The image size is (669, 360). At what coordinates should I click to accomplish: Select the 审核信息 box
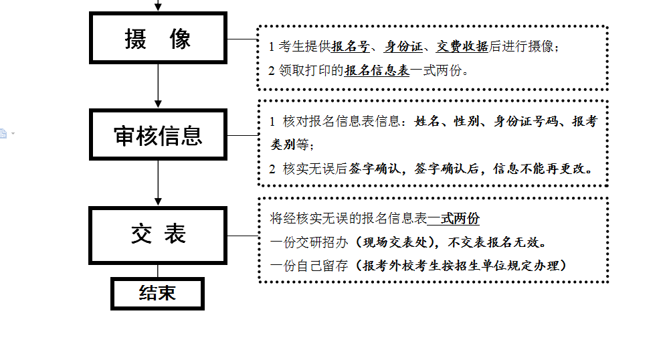[x=158, y=135]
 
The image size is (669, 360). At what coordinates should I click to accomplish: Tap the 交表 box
[x=158, y=234]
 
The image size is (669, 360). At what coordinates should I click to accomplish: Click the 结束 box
[x=157, y=292]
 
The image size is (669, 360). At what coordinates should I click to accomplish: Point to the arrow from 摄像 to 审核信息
[x=158, y=85]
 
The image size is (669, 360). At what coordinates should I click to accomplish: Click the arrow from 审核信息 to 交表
[x=158, y=183]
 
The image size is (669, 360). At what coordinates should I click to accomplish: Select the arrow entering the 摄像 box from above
[x=158, y=6]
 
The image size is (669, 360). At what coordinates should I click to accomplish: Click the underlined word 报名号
[x=351, y=47]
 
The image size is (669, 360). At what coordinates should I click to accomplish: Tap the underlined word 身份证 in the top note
[x=403, y=47]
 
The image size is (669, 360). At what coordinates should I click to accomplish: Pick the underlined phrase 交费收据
[x=462, y=47]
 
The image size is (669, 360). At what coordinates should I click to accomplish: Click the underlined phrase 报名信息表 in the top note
[x=377, y=70]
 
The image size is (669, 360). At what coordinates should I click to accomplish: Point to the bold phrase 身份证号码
[x=526, y=122]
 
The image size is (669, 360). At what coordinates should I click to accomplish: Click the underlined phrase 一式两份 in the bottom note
[x=454, y=219]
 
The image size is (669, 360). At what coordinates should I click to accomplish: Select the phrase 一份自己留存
[x=309, y=266]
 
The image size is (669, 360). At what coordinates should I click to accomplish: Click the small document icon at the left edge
[x=3, y=133]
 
